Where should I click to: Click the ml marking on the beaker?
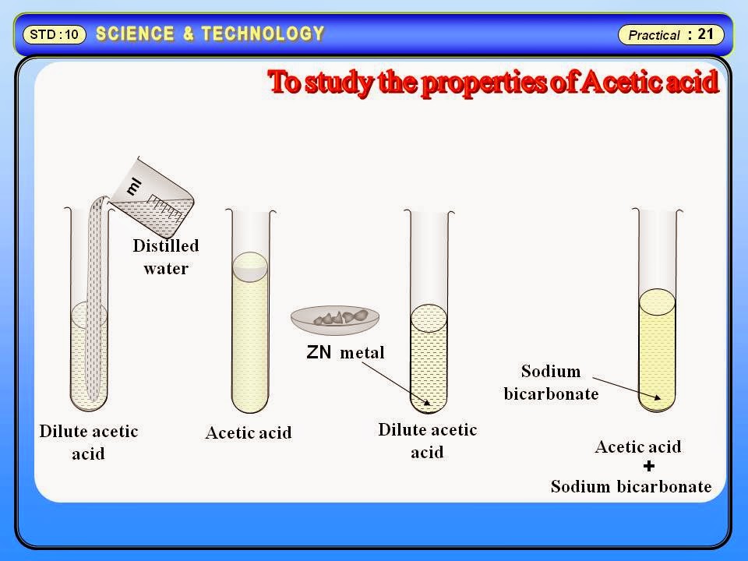[x=134, y=185]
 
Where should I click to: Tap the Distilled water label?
[x=165, y=257]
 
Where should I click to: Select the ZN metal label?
[x=345, y=352]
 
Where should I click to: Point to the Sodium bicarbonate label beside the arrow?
[x=551, y=382]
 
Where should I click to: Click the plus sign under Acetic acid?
[x=649, y=466]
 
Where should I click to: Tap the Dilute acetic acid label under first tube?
[x=88, y=442]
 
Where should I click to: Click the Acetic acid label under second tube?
[x=249, y=432]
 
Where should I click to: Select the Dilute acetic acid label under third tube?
[x=427, y=440]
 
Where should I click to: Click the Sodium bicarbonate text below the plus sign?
[x=631, y=487]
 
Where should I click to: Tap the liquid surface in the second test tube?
[x=250, y=266]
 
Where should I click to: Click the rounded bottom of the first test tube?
[x=89, y=401]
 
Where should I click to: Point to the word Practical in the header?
[x=654, y=35]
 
